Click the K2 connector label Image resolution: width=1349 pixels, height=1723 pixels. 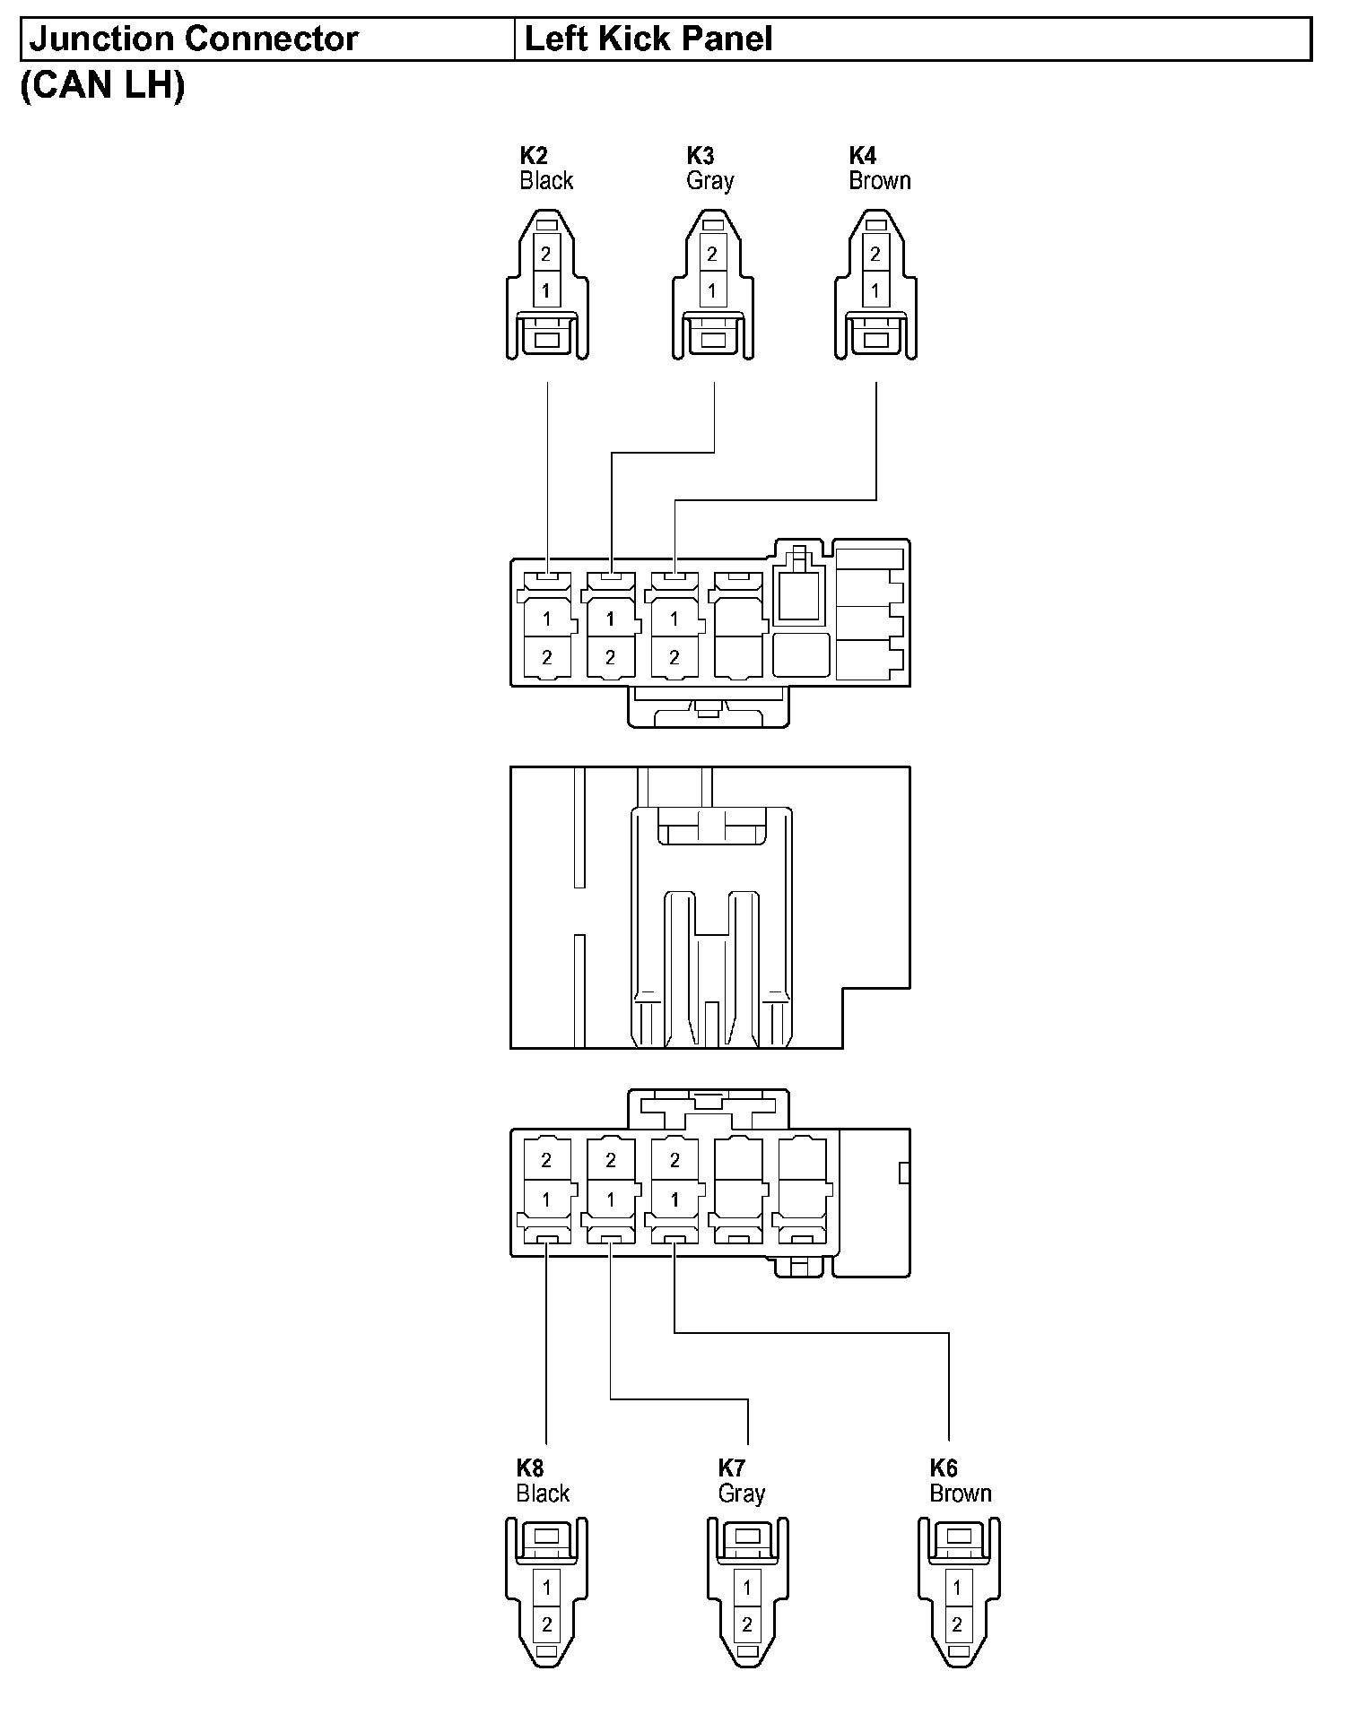534,156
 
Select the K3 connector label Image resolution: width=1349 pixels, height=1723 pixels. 700,156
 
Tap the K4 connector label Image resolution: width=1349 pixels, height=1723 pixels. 863,156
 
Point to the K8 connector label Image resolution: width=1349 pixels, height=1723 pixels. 530,1468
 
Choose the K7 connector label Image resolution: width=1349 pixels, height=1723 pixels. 732,1468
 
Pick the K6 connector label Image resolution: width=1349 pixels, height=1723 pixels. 944,1468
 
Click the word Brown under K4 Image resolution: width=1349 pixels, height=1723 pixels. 880,181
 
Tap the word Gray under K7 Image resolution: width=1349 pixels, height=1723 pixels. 742,1494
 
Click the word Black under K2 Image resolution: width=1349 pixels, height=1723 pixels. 546,181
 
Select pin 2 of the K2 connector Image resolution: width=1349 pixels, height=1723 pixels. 546,254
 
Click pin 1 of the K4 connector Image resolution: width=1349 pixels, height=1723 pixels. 875,290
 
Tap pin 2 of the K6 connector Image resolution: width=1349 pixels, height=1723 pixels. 957,1623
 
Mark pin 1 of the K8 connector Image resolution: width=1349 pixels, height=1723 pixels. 546,1588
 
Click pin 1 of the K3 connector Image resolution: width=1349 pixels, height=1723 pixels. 712,290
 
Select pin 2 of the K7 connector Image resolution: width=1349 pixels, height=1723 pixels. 747,1623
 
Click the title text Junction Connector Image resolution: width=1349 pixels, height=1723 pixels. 194,39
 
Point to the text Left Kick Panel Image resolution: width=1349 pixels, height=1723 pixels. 648,39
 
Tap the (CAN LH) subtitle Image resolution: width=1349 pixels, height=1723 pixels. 102,85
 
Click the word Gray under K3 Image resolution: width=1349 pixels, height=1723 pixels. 710,181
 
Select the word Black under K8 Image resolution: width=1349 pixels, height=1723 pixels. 543,1494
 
